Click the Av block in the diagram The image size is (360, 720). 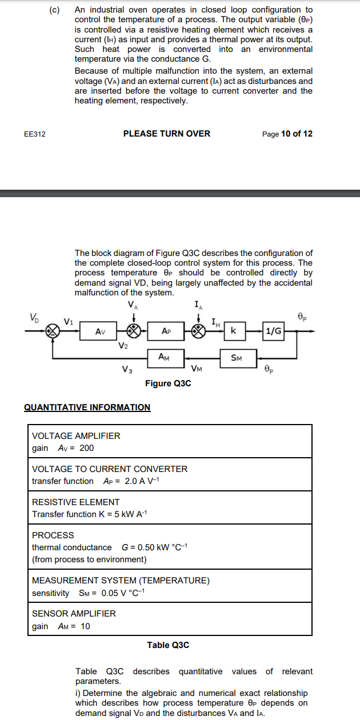[x=99, y=331]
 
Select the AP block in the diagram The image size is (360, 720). [x=166, y=331]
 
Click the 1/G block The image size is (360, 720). [x=274, y=331]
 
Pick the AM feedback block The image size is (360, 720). [x=165, y=357]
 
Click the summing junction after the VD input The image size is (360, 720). [x=53, y=331]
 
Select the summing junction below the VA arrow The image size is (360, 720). [x=134, y=331]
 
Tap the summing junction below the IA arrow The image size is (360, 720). [x=198, y=331]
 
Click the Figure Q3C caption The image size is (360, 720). [x=168, y=383]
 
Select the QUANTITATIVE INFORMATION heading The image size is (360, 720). [x=87, y=407]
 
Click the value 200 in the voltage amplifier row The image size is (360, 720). [x=87, y=448]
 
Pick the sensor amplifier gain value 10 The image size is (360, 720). [x=85, y=626]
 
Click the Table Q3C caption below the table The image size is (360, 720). [x=168, y=645]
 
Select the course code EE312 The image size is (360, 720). [x=35, y=134]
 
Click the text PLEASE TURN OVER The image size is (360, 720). [x=167, y=134]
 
